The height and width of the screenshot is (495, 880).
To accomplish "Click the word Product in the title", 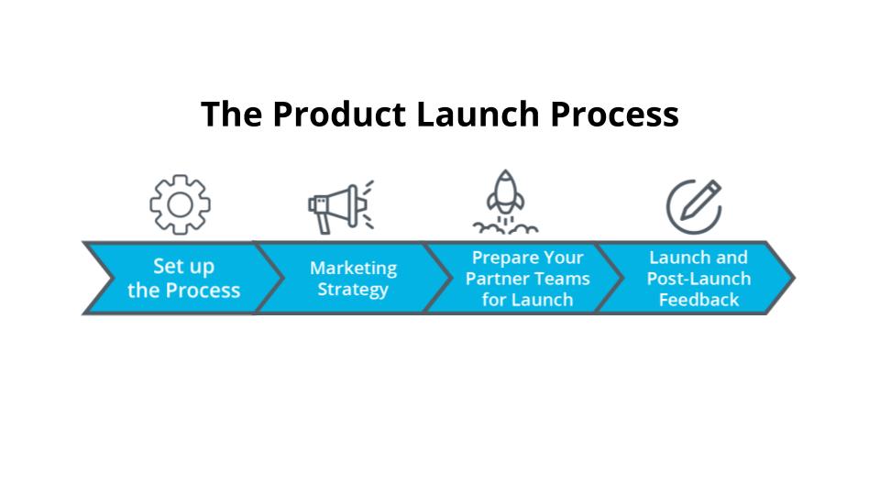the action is (339, 114).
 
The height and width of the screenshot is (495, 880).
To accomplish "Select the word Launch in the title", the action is (478, 114).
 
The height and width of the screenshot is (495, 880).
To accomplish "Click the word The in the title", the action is (231, 114).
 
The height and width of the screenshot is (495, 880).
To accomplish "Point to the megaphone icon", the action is (341, 206).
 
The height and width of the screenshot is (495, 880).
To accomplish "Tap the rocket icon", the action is (505, 202).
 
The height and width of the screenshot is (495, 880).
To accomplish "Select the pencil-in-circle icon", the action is (694, 206).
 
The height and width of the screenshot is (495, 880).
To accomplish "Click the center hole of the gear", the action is (181, 204).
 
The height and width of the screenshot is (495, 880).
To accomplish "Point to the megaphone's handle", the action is (324, 224).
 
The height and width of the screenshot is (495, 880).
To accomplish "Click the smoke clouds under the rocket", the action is (505, 228).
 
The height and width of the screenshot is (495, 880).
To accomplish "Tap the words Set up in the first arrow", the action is (183, 267).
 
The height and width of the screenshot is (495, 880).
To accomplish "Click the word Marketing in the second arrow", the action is (354, 269).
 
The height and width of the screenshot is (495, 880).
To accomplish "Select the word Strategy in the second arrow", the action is (353, 290).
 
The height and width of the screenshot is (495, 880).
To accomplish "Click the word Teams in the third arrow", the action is (560, 279).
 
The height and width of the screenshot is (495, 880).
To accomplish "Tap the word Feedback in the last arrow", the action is (698, 300).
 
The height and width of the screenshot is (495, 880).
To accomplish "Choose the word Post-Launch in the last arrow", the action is (698, 279).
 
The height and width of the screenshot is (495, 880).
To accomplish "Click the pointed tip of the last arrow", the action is (794, 278).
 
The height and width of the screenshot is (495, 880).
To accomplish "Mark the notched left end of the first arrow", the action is (112, 278).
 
